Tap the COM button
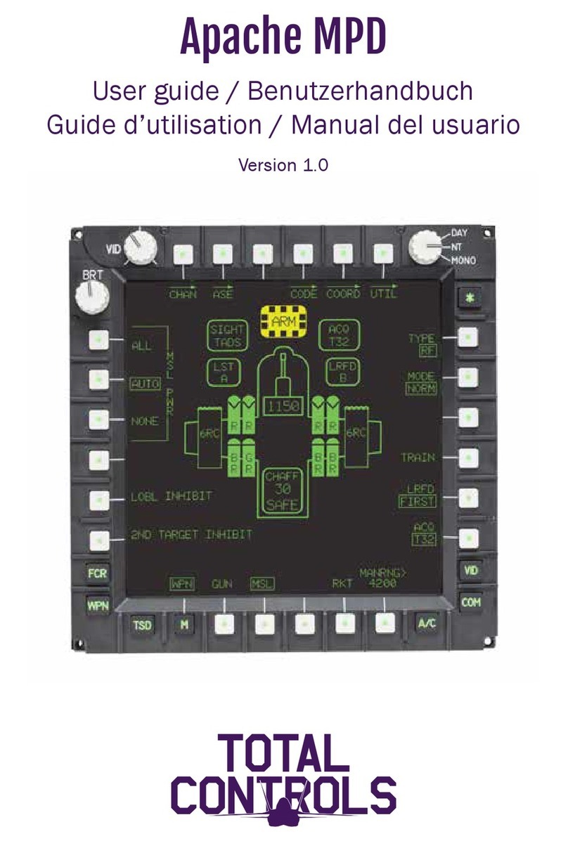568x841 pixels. click(471, 602)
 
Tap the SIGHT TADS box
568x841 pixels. click(226, 336)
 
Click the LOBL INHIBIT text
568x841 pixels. click(172, 497)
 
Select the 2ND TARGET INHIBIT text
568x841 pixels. click(191, 535)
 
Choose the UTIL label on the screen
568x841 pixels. click(383, 294)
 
